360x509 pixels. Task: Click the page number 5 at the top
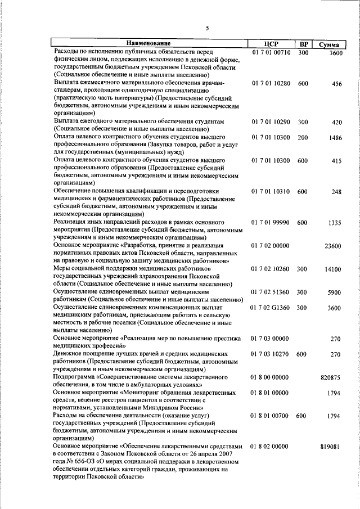pyautogui.click(x=207, y=28)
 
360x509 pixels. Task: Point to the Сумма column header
pyautogui.click(x=328, y=44)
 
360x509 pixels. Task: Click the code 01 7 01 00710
pyautogui.click(x=271, y=52)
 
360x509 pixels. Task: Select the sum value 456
pyautogui.click(x=336, y=84)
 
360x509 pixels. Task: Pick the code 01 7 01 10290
pyautogui.click(x=271, y=121)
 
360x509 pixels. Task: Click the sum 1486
pyautogui.click(x=335, y=138)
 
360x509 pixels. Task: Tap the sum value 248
pyautogui.click(x=336, y=192)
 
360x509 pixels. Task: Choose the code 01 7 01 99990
pyautogui.click(x=271, y=223)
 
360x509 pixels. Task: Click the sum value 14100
pyautogui.click(x=333, y=269)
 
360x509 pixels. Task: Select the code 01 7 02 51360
pyautogui.click(x=271, y=292)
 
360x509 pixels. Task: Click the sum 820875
pyautogui.click(x=331, y=378)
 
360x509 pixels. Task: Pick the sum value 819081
pyautogui.click(x=331, y=446)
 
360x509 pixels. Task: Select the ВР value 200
pyautogui.click(x=303, y=138)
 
